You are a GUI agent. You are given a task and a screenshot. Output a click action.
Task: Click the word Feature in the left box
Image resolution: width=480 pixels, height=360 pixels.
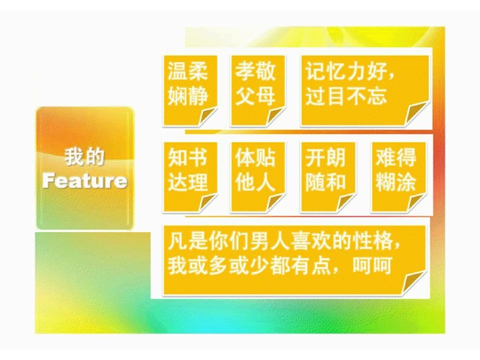[85, 180]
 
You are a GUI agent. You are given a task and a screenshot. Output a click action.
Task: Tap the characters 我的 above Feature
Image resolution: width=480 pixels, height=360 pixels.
[84, 157]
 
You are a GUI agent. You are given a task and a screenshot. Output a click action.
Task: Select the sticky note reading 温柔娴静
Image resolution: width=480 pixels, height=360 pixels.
[190, 91]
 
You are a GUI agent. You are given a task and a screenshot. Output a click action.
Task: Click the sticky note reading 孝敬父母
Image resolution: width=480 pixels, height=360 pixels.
[258, 91]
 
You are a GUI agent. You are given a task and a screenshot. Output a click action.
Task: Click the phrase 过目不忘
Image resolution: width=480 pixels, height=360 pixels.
[346, 95]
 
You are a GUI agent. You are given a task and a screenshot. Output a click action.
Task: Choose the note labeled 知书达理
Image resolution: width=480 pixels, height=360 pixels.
[190, 177]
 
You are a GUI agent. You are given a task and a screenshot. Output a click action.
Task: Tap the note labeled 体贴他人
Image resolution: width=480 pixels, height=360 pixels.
[258, 177]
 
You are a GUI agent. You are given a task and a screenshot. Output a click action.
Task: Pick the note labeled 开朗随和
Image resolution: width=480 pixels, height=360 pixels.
[328, 177]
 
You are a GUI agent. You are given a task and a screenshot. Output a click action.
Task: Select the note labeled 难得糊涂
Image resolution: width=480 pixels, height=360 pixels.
[398, 177]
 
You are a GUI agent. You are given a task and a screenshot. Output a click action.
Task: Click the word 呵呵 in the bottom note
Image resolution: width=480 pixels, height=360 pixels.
[372, 265]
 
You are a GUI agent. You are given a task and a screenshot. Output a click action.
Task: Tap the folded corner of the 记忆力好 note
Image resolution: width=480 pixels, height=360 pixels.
[416, 113]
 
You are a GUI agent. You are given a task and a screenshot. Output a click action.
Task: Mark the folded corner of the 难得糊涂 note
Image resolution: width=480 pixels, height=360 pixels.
[416, 203]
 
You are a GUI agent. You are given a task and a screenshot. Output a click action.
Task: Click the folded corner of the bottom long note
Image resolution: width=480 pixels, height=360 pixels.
[414, 283]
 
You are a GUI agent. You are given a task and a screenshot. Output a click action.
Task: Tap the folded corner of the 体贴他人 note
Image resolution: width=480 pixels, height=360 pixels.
[276, 203]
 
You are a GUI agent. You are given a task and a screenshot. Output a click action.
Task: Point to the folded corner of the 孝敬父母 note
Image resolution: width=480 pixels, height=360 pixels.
[276, 116]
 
